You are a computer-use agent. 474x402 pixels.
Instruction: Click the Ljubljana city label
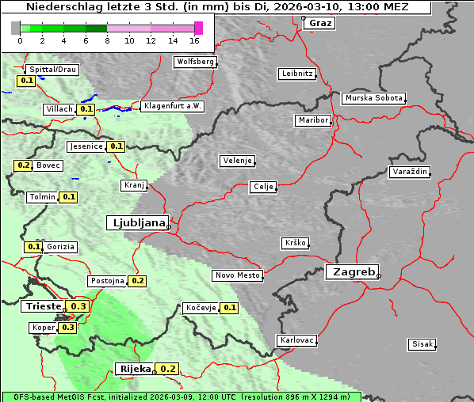(x=136, y=222)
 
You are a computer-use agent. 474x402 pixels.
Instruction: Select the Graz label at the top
(x=320, y=23)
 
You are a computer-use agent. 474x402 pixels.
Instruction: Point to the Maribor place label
(x=312, y=120)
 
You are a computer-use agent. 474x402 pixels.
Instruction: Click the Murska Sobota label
(x=373, y=98)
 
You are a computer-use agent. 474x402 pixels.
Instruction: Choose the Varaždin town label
(x=410, y=172)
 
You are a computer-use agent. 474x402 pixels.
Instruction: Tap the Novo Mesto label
(x=237, y=275)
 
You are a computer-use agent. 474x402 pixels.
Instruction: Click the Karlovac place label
(x=297, y=340)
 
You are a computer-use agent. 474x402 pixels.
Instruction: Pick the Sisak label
(x=422, y=343)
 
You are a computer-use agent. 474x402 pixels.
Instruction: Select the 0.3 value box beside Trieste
(x=78, y=306)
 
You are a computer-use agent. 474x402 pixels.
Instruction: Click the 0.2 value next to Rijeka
(x=168, y=369)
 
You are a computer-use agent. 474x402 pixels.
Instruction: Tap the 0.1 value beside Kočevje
(x=230, y=307)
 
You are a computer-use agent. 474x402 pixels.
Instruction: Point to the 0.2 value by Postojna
(x=137, y=281)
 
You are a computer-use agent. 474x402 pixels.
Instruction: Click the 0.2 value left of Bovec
(x=23, y=165)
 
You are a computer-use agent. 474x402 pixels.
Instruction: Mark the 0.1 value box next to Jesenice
(x=117, y=146)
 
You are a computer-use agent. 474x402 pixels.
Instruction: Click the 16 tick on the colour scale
(x=194, y=40)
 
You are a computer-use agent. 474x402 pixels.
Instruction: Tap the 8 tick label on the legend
(x=106, y=40)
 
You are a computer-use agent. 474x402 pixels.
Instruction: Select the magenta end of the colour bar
(x=198, y=28)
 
